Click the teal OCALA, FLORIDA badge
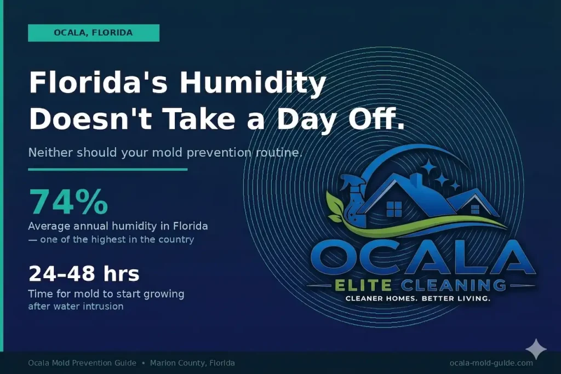(94, 33)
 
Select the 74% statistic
(68, 202)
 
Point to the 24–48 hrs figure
(84, 274)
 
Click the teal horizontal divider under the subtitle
(108, 170)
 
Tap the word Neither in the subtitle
(50, 153)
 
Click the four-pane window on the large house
(394, 209)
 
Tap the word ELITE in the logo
(363, 285)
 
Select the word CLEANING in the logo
(454, 285)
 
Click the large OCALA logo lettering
(422, 258)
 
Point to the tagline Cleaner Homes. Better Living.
(418, 298)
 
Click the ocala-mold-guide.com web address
(491, 363)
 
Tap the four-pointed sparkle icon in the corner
(536, 349)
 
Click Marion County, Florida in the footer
(192, 363)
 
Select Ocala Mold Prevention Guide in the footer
(82, 363)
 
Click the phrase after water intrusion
(76, 307)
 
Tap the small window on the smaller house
(475, 209)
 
